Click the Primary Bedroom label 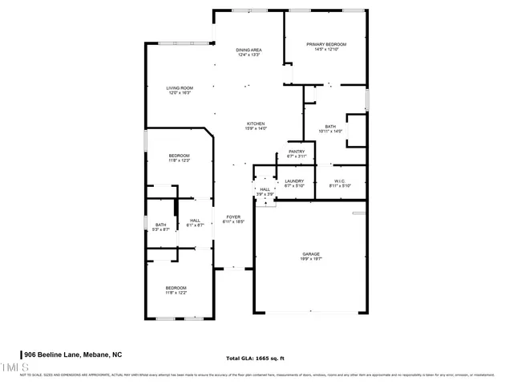click(325, 44)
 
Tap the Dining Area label click(248, 50)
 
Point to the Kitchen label click(255, 124)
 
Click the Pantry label click(297, 152)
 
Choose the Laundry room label click(294, 181)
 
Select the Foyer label click(232, 217)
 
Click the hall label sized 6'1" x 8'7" click(195, 221)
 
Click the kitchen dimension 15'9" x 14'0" click(255, 128)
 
